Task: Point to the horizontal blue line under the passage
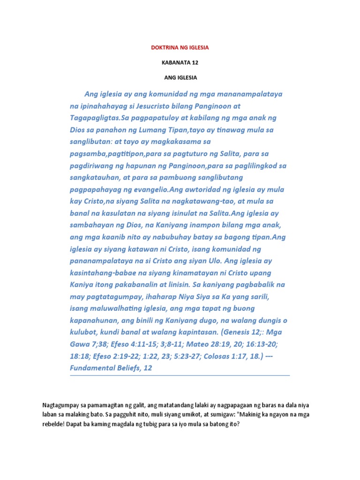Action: [180, 375]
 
